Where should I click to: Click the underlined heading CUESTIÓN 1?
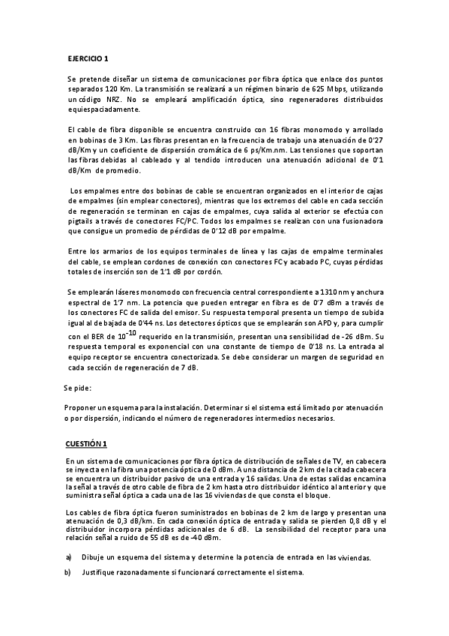tap(87, 443)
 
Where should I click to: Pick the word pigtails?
tap(82, 222)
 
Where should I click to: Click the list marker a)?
tap(70, 557)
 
